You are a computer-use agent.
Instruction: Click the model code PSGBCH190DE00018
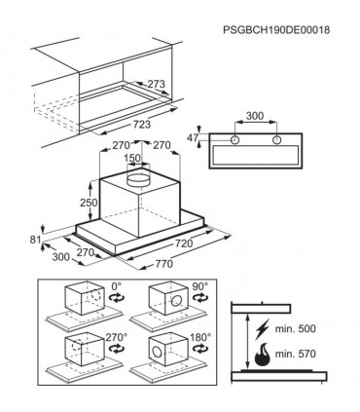276,30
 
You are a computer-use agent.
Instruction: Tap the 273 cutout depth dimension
157,84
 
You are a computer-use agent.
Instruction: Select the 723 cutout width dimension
142,124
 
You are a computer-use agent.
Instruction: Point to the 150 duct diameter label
132,158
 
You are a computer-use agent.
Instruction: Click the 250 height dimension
89,203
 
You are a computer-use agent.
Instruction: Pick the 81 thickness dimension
35,240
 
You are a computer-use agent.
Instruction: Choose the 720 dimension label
184,243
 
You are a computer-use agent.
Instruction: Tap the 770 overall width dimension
164,264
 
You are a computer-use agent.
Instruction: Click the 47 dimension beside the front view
193,138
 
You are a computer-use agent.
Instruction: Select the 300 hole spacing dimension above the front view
255,116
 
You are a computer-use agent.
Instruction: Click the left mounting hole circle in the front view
234,140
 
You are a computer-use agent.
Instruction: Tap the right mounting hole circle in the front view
276,140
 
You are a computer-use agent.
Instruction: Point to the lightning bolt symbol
263,329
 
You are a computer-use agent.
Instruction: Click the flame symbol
263,355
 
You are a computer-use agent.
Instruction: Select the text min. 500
295,328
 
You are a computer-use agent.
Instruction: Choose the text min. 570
295,354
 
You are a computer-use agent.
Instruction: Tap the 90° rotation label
199,286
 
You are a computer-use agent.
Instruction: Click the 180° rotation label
200,337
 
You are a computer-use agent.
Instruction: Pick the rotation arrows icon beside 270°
117,349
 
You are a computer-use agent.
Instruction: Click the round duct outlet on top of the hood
138,179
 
